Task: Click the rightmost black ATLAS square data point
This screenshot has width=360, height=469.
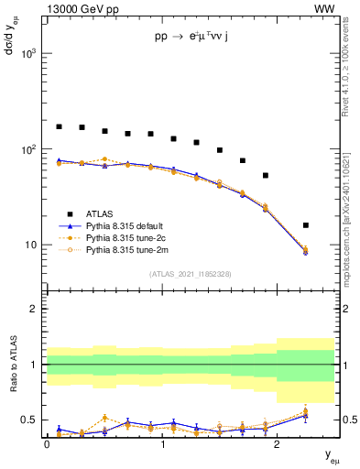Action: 306,225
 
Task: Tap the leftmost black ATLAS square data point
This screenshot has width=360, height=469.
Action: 60,126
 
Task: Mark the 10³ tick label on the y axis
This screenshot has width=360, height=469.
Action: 28,54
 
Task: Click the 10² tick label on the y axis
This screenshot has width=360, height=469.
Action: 28,149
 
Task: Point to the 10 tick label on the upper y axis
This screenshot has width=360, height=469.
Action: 30,245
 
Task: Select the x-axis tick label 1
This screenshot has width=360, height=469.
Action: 162,443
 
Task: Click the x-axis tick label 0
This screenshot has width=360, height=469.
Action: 47,443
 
